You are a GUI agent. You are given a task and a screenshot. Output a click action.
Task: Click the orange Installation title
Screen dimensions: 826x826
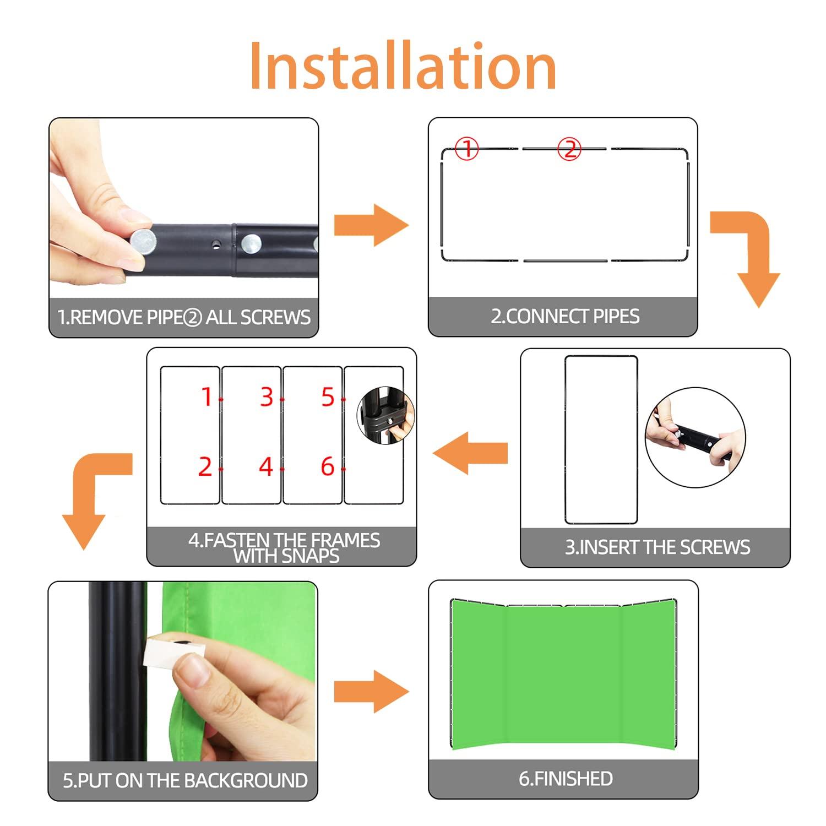403,66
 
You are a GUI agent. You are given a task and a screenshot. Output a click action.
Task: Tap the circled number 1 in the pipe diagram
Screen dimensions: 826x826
467,148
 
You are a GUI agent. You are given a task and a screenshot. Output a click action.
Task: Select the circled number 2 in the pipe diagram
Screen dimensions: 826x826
569,148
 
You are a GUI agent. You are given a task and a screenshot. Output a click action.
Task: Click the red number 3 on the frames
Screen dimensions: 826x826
267,396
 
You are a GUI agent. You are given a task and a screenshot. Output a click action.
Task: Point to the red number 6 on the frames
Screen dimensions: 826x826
328,466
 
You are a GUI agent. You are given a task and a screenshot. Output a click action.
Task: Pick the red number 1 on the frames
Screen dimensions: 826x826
206,396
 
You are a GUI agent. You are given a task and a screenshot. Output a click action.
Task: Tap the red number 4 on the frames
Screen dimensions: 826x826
266,466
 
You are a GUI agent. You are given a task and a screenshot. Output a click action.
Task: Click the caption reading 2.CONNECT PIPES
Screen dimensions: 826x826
565,316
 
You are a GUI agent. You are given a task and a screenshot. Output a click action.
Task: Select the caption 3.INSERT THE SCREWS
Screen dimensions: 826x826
657,547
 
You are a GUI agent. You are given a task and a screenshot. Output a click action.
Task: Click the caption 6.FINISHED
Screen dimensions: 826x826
566,779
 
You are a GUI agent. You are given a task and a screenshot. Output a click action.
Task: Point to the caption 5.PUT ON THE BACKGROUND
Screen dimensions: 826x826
185,780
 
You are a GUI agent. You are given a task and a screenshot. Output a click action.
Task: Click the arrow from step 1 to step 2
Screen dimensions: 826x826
371,225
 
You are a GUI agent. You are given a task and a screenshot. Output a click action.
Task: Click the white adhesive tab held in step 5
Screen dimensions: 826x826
172,654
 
